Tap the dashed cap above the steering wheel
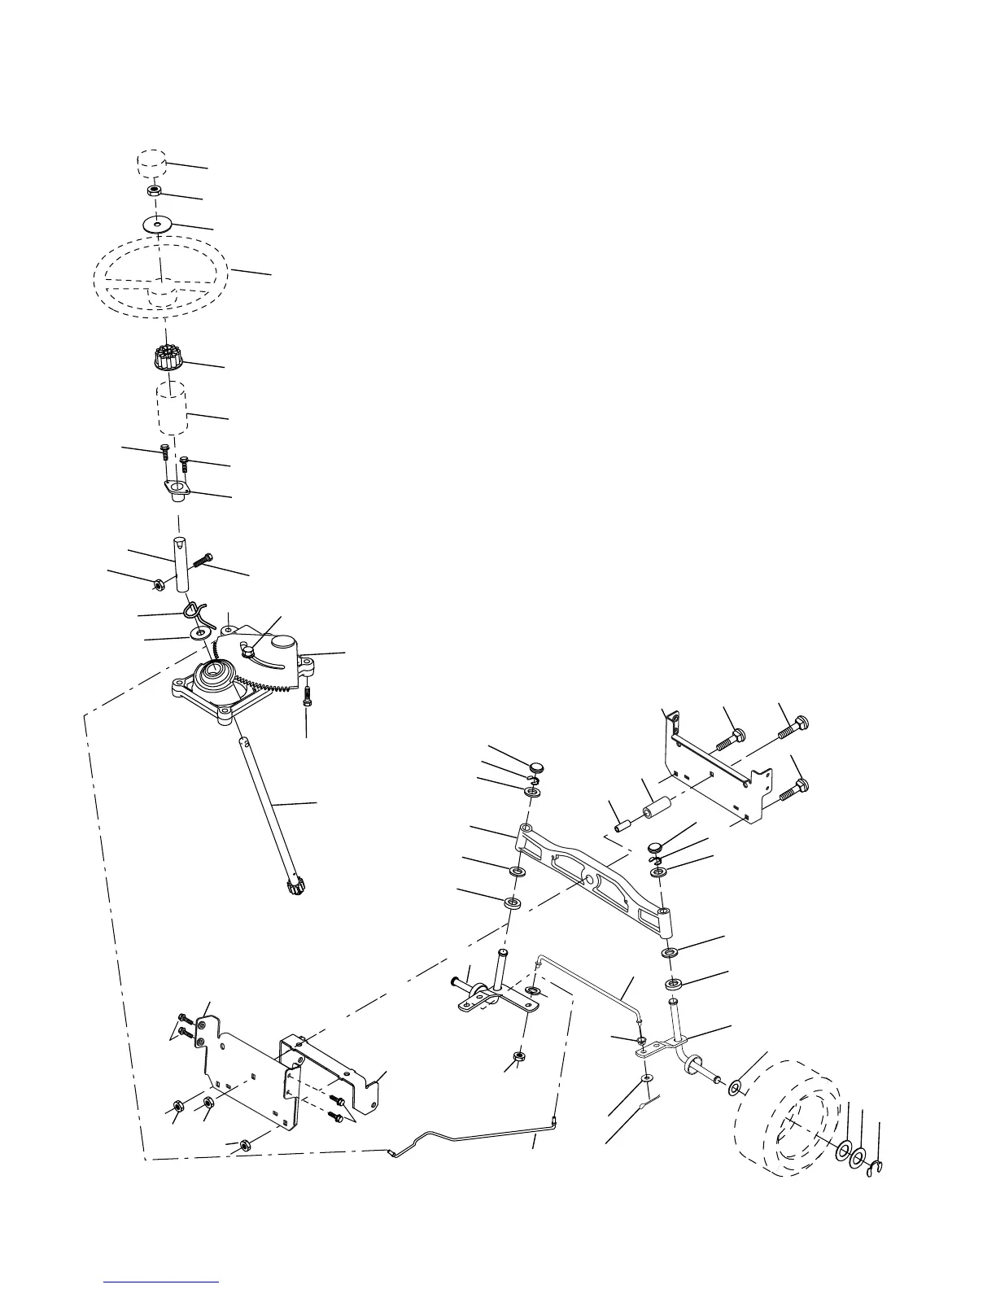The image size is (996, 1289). [151, 161]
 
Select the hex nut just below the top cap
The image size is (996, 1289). [154, 192]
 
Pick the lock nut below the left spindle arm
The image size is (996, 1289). [518, 1058]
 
